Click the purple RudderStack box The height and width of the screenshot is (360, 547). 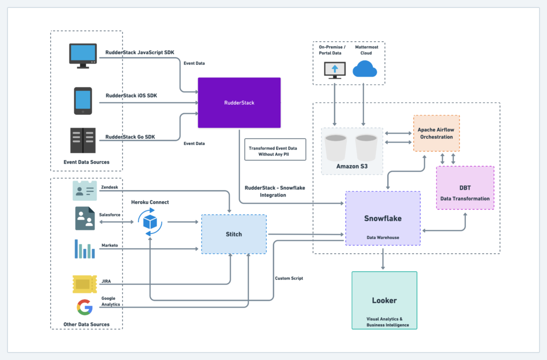[239, 103]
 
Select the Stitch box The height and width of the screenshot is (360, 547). [233, 234]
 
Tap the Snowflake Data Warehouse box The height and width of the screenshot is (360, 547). [382, 218]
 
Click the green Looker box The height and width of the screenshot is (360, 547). [384, 300]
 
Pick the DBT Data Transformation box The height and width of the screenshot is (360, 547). [465, 187]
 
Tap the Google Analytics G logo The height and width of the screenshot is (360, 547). [84, 307]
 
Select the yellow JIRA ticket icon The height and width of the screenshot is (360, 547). [84, 284]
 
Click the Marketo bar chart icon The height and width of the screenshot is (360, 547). [84, 249]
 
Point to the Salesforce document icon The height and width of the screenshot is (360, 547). [84, 218]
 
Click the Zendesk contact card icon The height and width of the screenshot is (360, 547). [84, 191]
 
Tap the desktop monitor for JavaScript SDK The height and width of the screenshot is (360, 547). [83, 56]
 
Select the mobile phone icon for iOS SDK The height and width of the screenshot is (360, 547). [83, 100]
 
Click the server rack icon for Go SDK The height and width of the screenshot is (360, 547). [83, 140]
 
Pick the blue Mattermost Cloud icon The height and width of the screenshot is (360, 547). [365, 69]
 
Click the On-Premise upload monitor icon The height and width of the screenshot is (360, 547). [335, 70]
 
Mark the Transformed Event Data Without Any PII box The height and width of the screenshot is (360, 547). [275, 150]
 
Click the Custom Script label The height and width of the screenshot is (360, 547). [289, 278]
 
